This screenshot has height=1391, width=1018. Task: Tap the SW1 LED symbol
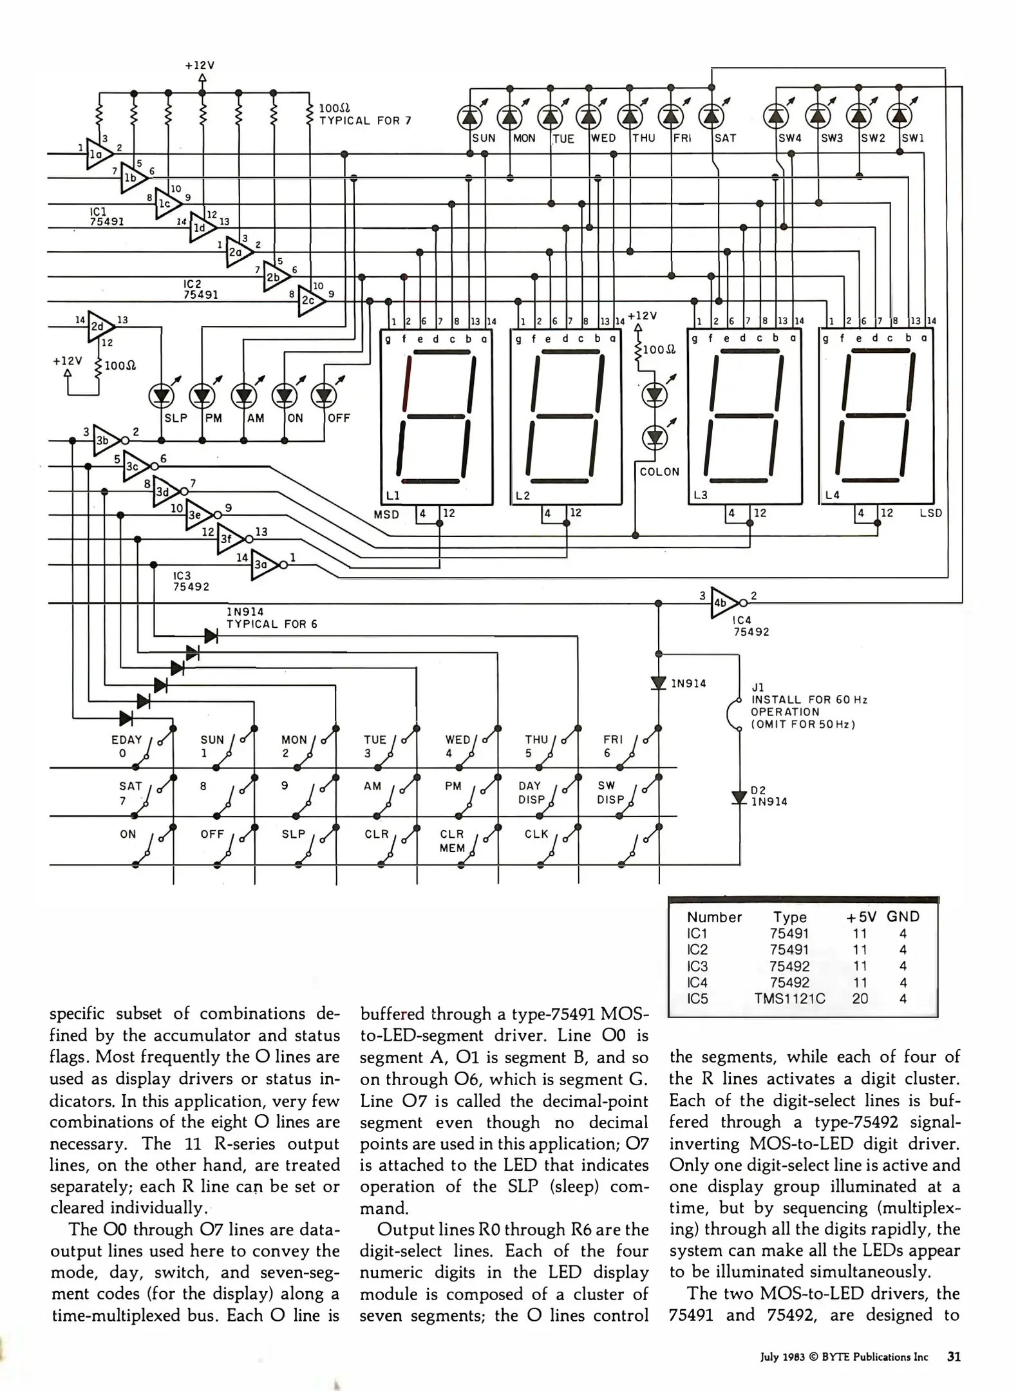point(899,116)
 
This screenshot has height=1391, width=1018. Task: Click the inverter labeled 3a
point(265,565)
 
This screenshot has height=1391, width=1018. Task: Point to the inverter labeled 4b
point(725,603)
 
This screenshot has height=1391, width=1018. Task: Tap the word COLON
point(659,472)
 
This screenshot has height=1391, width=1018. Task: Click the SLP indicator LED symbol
point(161,396)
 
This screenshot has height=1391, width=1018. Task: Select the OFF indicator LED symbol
point(323,396)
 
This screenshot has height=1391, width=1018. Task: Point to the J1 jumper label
point(759,687)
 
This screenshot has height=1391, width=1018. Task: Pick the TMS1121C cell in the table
point(789,999)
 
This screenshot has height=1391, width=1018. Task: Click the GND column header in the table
point(903,916)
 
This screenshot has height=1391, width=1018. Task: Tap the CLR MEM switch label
point(452,841)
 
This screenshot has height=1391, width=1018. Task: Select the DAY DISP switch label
point(531,793)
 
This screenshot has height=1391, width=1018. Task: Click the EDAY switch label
point(126,740)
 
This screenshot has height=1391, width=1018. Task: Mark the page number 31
point(954,1356)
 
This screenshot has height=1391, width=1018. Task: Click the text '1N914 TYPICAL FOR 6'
point(272,618)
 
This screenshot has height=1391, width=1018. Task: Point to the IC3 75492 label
point(191,581)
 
